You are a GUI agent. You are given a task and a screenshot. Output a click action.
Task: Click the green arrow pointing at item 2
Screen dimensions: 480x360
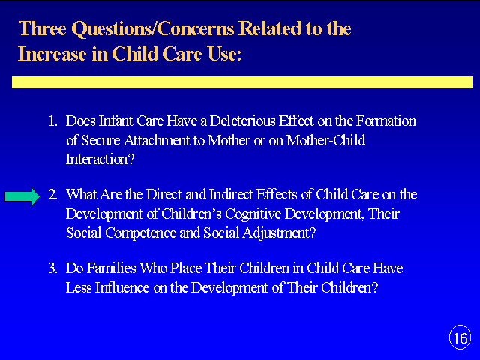point(22,196)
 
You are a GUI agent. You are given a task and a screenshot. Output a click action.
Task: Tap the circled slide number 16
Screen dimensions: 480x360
point(460,337)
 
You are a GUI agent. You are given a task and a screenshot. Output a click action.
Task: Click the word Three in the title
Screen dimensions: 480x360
point(42,28)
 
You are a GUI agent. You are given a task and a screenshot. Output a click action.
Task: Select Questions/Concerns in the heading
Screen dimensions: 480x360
point(153,29)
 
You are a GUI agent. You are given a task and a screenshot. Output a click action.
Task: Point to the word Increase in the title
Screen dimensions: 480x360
point(52,54)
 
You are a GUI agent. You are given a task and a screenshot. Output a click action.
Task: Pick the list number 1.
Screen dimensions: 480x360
point(52,121)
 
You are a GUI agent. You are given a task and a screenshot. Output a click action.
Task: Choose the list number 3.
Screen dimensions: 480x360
point(52,268)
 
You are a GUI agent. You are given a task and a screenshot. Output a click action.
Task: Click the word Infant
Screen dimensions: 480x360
point(115,121)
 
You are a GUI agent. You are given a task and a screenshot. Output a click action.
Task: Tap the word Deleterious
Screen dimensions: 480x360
point(242,121)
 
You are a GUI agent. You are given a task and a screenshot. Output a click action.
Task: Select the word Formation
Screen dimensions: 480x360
point(386,121)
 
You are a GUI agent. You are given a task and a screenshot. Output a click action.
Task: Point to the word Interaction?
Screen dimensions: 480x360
point(100,160)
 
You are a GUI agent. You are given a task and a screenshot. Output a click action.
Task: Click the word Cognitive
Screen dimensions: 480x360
point(253,214)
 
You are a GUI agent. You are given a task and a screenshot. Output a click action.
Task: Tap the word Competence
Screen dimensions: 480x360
point(141,233)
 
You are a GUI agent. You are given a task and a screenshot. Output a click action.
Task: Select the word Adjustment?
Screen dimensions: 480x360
point(279,233)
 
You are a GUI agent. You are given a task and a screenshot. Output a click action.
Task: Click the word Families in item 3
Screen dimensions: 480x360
point(112,268)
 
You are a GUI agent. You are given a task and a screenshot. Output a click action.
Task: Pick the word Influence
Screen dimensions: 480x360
point(122,287)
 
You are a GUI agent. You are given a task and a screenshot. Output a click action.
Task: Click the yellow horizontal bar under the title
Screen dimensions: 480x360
point(242,82)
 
